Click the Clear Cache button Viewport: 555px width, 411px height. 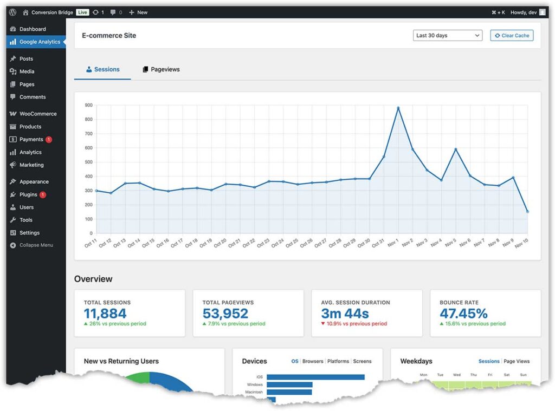[512, 36]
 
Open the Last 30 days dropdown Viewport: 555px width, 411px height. [447, 36]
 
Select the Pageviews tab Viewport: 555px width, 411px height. [161, 69]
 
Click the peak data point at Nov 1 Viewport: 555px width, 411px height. [398, 108]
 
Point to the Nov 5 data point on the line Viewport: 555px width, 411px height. [455, 149]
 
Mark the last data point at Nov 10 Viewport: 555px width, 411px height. [527, 212]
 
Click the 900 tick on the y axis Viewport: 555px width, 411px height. [88, 105]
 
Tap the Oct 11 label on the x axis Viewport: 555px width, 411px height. [91, 243]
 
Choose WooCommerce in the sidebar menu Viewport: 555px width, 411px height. [38, 114]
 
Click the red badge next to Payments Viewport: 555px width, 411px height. [49, 140]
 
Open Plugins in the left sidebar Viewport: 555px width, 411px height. [28, 194]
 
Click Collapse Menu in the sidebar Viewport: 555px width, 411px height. [36, 245]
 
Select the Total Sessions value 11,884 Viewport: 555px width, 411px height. [105, 314]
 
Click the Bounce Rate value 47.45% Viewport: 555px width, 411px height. [463, 314]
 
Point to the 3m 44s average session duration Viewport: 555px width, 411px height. [345, 314]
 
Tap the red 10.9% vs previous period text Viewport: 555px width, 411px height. [357, 324]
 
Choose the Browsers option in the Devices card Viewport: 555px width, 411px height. [313, 361]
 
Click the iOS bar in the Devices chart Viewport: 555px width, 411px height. [315, 377]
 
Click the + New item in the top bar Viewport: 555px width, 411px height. [138, 12]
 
